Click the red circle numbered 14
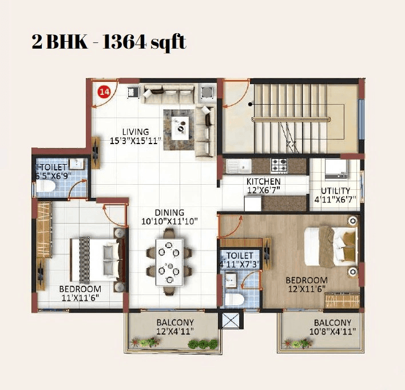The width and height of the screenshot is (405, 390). click(104, 91)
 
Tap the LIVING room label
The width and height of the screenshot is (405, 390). click(136, 132)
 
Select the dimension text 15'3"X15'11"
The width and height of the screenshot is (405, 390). click(136, 140)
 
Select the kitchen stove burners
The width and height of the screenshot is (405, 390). click(279, 165)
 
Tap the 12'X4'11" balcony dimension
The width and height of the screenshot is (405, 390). click(175, 331)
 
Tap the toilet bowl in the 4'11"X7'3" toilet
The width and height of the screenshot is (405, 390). click(233, 299)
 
